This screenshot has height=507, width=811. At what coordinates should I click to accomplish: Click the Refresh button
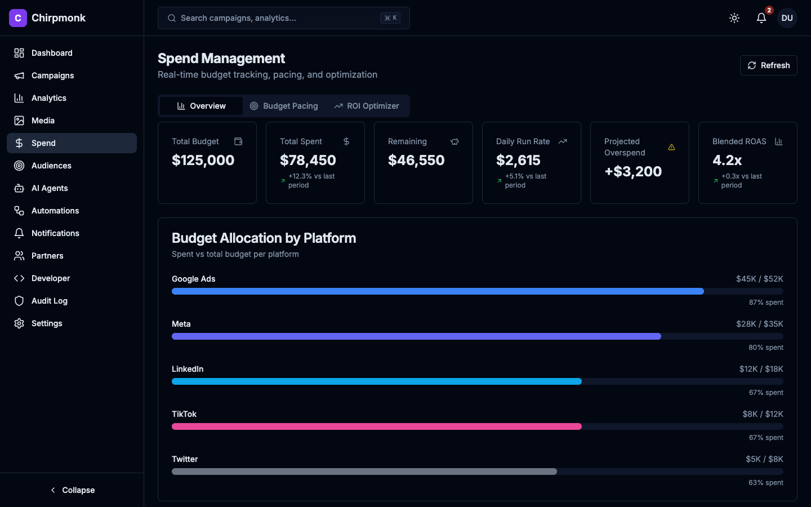tap(768, 65)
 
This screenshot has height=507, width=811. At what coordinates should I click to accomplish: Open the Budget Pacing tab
tap(284, 106)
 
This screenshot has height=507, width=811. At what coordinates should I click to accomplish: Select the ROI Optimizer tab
tap(367, 106)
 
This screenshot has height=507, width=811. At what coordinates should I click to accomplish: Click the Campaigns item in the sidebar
tap(52, 75)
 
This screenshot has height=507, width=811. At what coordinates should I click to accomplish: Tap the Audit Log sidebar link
tap(49, 301)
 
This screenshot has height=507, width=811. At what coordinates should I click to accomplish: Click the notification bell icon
tap(761, 18)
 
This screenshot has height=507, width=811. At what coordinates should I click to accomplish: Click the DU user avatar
tap(787, 18)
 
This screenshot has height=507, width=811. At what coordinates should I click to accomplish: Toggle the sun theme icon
tap(734, 18)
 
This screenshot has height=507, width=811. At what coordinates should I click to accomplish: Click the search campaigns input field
tap(276, 18)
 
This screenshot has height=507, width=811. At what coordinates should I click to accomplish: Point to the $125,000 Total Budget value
tap(203, 161)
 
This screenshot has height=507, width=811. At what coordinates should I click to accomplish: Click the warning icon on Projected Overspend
tap(671, 147)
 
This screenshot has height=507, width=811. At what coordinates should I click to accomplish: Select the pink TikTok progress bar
tap(376, 426)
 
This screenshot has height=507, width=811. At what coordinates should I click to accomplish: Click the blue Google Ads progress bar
tap(438, 291)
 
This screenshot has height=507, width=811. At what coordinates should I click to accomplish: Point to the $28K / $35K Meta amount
tap(759, 324)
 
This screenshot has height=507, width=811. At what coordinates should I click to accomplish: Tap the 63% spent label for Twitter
tap(765, 483)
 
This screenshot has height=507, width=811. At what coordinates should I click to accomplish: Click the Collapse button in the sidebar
tap(72, 490)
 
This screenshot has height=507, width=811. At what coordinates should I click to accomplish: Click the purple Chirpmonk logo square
tap(18, 18)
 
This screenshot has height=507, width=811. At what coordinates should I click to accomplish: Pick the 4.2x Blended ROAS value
tap(727, 161)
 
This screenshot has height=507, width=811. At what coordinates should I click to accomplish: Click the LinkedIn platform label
tap(188, 369)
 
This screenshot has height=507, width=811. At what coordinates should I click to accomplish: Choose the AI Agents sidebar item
tap(50, 188)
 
